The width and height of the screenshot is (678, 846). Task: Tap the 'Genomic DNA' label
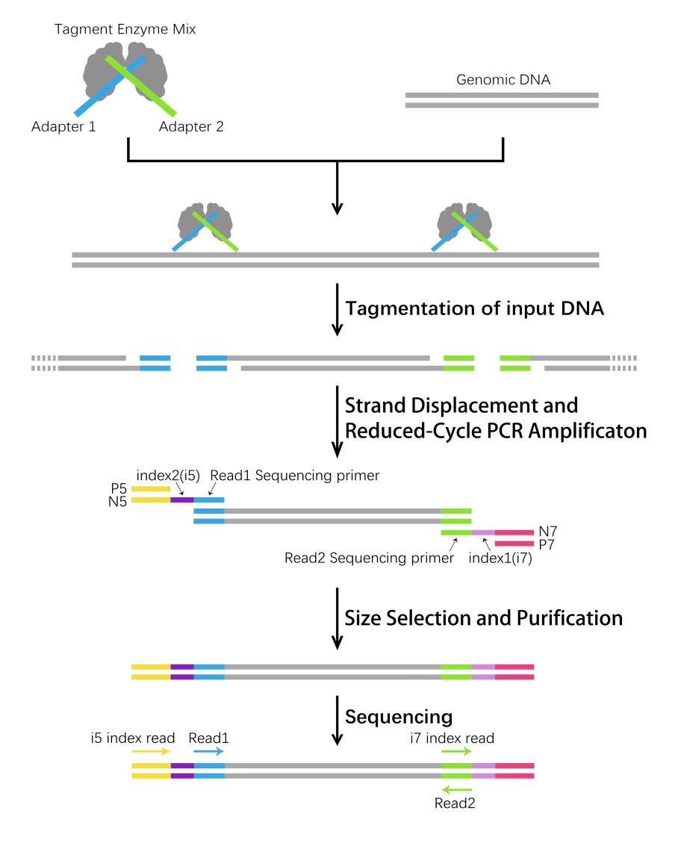pyautogui.click(x=503, y=80)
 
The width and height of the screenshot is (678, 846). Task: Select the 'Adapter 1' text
pyautogui.click(x=63, y=126)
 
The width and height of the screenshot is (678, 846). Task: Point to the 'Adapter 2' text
pyautogui.click(x=191, y=126)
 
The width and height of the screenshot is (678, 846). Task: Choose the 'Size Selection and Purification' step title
pyautogui.click(x=483, y=618)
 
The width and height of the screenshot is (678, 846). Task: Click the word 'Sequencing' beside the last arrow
pyautogui.click(x=399, y=717)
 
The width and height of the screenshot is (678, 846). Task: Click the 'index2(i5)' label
pyautogui.click(x=167, y=475)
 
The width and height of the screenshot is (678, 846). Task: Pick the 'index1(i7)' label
pyautogui.click(x=500, y=558)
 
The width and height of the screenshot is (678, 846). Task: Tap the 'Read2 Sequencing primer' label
pyautogui.click(x=370, y=558)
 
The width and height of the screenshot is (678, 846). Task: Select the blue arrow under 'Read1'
pyautogui.click(x=208, y=752)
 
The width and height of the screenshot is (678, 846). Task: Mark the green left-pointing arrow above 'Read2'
pyautogui.click(x=456, y=789)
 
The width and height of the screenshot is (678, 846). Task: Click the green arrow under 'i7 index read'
pyautogui.click(x=456, y=752)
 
